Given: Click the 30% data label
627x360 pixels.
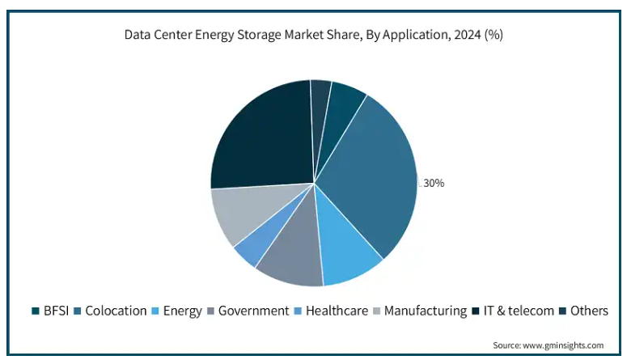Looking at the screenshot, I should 434,183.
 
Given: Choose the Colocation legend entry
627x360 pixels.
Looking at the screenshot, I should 116,311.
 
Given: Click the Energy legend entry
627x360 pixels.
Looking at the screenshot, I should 182,311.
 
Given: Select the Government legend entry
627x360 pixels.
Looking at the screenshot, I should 253,311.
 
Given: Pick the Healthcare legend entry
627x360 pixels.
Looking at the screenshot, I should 337,311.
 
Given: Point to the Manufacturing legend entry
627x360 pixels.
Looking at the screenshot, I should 425,311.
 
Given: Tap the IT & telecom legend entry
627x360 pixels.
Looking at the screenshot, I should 519,311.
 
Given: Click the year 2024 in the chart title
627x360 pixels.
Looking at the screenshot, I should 466,36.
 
